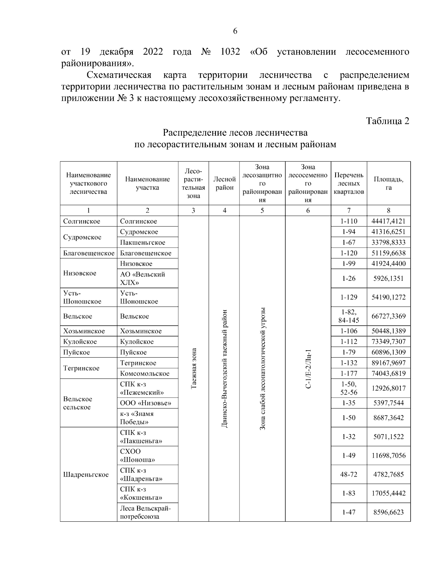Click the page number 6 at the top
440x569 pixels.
point(235,31)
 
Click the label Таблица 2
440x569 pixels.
point(388,121)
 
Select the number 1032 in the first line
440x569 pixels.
point(230,52)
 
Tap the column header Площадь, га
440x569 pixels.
point(388,183)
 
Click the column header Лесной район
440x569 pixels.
point(224,183)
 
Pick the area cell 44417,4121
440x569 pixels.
point(388,221)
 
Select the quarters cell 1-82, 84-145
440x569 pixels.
point(349,316)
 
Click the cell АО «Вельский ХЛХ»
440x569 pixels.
point(143,278)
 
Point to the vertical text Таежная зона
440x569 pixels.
point(194,368)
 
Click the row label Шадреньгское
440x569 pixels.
point(86,474)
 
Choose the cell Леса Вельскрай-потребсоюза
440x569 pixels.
point(145,512)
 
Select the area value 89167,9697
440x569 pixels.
point(388,363)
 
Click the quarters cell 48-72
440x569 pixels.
point(349,474)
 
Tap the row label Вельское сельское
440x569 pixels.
point(78,403)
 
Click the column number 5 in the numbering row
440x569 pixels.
point(262,210)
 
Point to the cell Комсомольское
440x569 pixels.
point(144,374)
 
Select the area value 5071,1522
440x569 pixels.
point(388,437)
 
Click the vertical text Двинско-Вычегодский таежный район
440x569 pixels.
point(224,368)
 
